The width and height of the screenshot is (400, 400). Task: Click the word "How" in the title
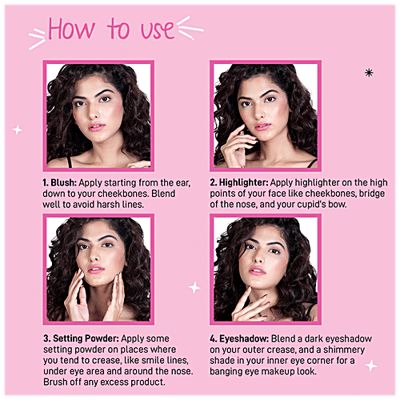(x=71, y=30)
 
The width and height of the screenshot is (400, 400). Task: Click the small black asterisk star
(x=368, y=73)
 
